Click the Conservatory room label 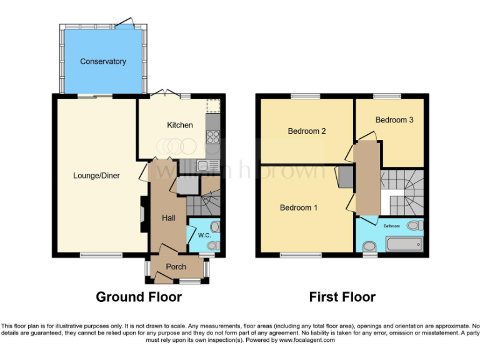[103, 61]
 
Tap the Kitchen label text [179, 125]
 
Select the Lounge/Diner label [96, 176]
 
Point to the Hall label [169, 218]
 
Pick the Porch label [175, 267]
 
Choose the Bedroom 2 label [307, 131]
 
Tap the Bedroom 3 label [394, 119]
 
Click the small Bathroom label [392, 226]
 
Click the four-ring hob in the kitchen [213, 136]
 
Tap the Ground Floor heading [139, 297]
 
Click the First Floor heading [342, 297]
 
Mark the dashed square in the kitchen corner [214, 106]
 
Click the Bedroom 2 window [306, 96]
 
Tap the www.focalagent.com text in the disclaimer [307, 341]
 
